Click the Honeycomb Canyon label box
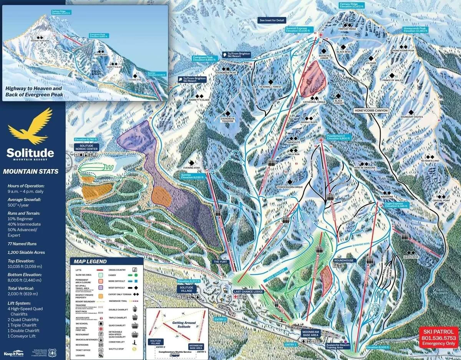tap(371, 110)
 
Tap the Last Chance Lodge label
tap(248, 292)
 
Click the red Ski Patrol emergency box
tap(438, 337)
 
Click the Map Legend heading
tap(91, 262)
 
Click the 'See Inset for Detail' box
tap(272, 20)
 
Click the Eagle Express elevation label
tap(396, 204)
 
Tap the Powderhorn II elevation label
tap(337, 137)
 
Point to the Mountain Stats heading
tap(31, 172)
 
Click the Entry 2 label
tap(221, 319)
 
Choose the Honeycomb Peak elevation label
tap(415, 30)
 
